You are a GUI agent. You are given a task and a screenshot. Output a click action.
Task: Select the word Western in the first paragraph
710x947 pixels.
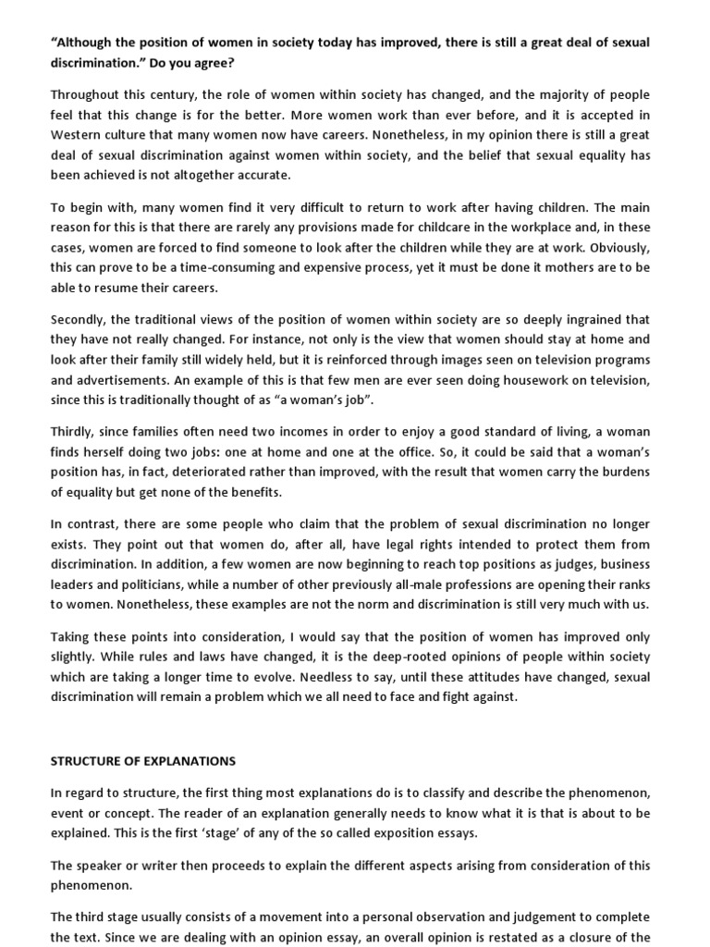(80, 136)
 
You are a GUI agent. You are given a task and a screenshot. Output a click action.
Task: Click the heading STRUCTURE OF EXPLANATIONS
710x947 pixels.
(143, 761)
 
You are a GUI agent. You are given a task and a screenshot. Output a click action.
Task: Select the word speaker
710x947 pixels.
(99, 865)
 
